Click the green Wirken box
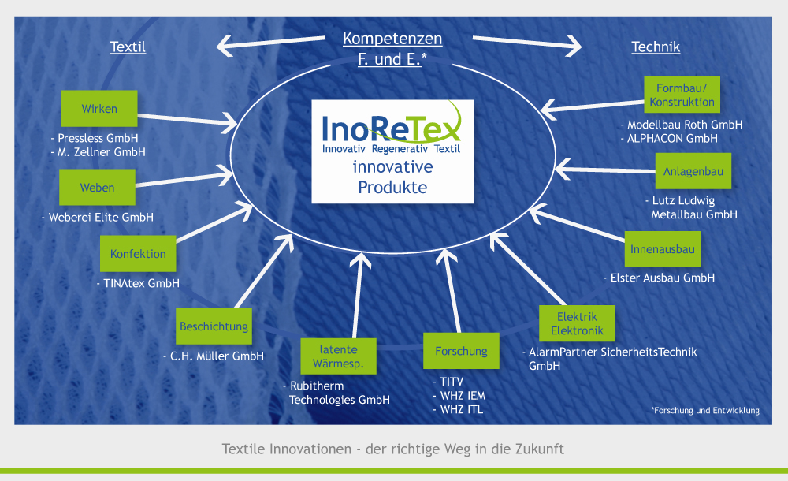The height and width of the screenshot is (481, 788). (x=99, y=109)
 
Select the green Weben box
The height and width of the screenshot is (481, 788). (x=97, y=187)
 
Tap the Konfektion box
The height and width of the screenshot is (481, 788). (x=138, y=254)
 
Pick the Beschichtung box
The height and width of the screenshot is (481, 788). (x=214, y=326)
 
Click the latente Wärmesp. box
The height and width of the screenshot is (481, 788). (x=338, y=356)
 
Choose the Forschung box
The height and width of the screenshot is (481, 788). (x=461, y=351)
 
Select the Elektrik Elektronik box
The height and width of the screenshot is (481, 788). (x=577, y=323)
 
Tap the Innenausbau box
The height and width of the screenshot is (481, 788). (x=663, y=249)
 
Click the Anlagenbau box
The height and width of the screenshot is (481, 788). (x=693, y=171)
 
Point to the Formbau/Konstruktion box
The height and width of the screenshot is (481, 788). (x=682, y=95)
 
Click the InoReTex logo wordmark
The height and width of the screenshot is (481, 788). (x=391, y=129)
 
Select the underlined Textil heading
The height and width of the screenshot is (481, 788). (x=128, y=47)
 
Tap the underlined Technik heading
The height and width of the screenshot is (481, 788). (x=656, y=47)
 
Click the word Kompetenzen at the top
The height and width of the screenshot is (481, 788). (x=392, y=39)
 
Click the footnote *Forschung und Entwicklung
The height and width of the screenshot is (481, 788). (x=705, y=411)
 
